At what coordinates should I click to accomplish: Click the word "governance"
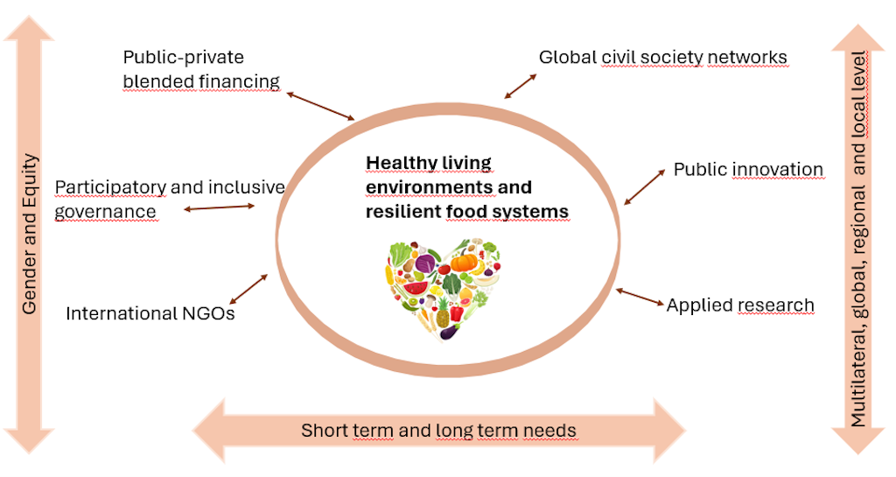coord(105,212)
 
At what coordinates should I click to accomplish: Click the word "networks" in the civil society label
coord(746,58)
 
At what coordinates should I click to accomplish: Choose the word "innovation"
coord(778,169)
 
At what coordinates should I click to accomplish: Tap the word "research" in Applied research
coord(776,305)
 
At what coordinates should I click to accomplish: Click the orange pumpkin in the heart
coord(464,262)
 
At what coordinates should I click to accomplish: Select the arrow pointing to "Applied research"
coord(640,298)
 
